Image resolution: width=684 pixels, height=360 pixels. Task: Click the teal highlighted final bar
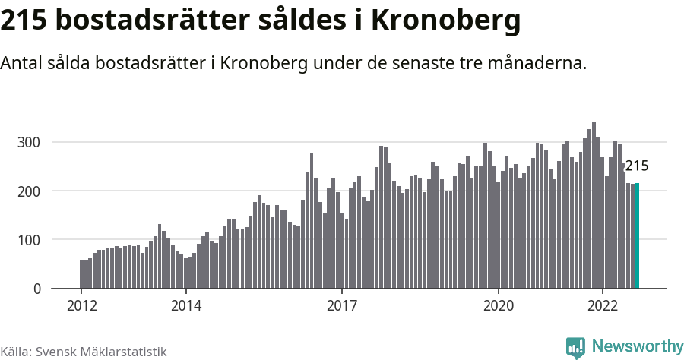637,235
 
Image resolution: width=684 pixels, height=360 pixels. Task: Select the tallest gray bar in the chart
594,205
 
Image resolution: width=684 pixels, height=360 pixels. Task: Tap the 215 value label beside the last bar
637,166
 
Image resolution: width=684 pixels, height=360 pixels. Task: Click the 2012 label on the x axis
82,305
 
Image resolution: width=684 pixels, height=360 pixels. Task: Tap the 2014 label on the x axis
186,305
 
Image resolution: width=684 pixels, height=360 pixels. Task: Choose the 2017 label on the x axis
342,305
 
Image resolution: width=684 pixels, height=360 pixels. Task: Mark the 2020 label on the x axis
499,305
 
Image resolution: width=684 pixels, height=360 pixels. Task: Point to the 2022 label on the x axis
603,305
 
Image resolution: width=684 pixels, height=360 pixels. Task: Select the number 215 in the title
24,21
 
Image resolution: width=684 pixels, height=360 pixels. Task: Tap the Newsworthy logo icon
575,347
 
